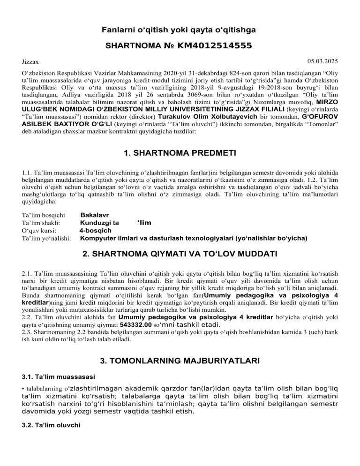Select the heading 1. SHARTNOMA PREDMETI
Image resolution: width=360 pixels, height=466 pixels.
coord(180,153)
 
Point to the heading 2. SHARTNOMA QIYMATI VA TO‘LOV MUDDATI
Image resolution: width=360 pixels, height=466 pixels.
coord(180,255)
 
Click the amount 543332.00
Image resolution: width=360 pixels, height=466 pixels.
coord(135,324)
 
